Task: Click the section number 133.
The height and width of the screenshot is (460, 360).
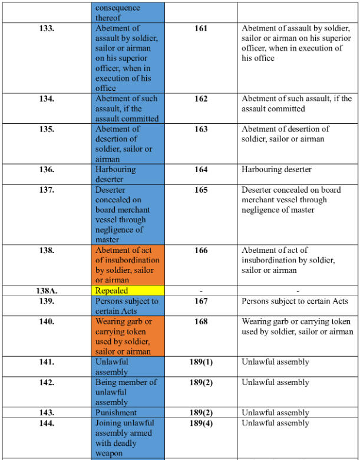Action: [47, 28]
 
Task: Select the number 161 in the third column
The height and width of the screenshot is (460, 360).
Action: [201, 28]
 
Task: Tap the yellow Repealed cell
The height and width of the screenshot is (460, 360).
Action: [128, 290]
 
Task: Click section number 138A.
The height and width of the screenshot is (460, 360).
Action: [47, 290]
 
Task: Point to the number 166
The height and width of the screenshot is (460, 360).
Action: [201, 250]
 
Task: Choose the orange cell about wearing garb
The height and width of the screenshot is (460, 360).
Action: [128, 336]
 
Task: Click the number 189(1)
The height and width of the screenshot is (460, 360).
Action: [201, 362]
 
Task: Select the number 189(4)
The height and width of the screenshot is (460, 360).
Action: [201, 423]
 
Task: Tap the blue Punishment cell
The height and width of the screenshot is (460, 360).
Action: [128, 412]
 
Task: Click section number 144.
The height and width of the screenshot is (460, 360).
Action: [47, 423]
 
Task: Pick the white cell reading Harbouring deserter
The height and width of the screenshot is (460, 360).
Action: [298, 174]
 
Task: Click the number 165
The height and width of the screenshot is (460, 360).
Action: [201, 190]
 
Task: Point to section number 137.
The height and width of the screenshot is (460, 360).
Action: [47, 190]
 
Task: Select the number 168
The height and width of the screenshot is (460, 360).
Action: [201, 321]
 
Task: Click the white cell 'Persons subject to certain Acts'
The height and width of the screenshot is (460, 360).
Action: [298, 305]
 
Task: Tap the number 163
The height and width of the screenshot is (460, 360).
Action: [201, 129]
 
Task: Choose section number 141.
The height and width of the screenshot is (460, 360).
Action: [47, 362]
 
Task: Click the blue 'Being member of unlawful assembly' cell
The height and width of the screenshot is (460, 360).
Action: [128, 392]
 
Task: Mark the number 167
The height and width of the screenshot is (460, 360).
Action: [201, 301]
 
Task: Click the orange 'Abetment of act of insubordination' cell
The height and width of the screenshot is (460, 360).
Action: [128, 265]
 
